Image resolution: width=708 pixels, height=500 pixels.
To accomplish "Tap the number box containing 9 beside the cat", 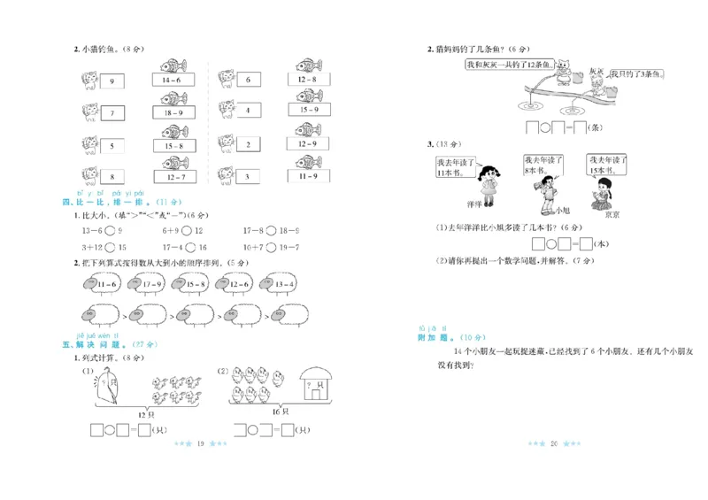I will pyautogui.click(x=112, y=81).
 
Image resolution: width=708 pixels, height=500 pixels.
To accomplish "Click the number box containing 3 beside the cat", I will pyautogui.click(x=248, y=177).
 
